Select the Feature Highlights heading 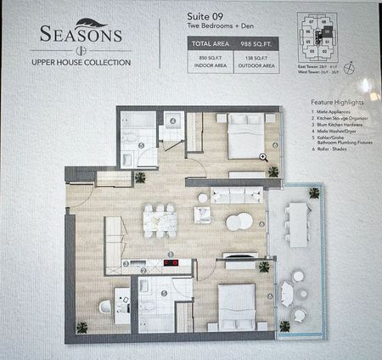338,102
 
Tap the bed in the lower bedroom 237,304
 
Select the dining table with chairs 159,221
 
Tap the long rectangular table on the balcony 297,222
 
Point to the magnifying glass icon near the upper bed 264,157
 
